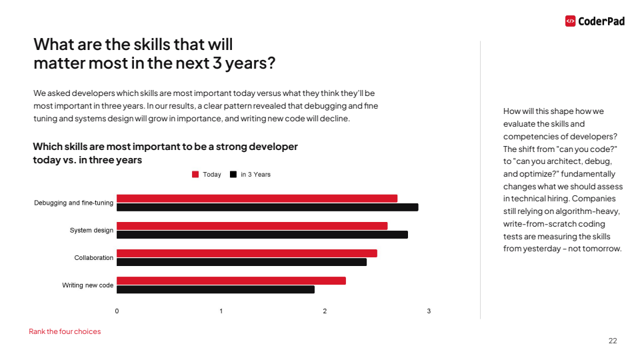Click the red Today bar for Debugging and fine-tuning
coord(257,199)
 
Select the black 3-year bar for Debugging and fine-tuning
coord(267,207)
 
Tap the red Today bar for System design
coord(252,226)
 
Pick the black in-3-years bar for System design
coord(262,235)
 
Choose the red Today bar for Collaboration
coord(247,253)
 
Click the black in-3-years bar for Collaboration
coord(241,262)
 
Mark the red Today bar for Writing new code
coord(231,281)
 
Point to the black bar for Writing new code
coord(215,289)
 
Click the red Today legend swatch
coord(195,175)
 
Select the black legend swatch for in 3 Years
coord(233,175)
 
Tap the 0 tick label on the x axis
coord(117,311)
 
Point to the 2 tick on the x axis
coord(325,311)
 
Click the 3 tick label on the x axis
coord(429,311)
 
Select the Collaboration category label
coord(94,258)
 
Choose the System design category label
coord(91,231)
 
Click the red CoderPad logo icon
coord(570,21)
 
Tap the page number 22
coord(613,341)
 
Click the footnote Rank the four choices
coord(65,331)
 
